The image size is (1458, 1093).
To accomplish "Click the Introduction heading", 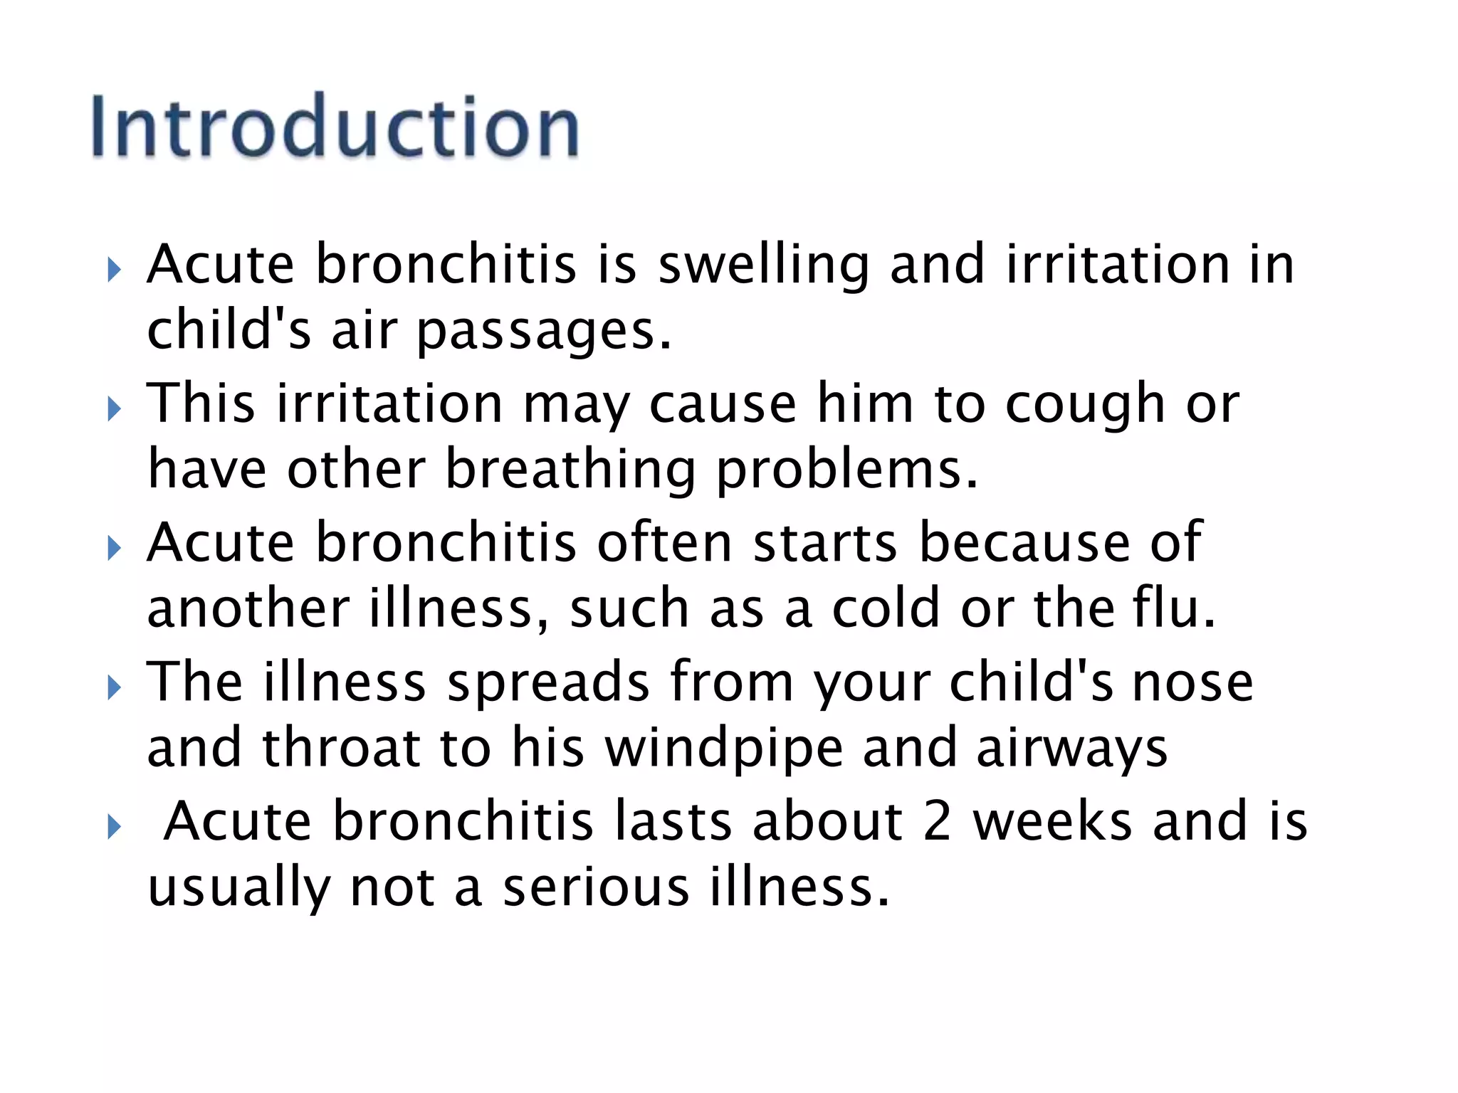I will click(x=335, y=127).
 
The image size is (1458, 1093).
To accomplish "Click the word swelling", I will click(x=763, y=265).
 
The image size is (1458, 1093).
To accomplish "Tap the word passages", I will click(x=543, y=332).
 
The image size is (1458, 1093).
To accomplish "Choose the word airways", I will click(x=1071, y=749).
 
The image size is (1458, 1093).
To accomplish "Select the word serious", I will click(x=596, y=888).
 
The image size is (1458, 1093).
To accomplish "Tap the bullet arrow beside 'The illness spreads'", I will click(x=115, y=687).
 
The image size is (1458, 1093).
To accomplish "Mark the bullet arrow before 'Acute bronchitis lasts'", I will click(x=115, y=827).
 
